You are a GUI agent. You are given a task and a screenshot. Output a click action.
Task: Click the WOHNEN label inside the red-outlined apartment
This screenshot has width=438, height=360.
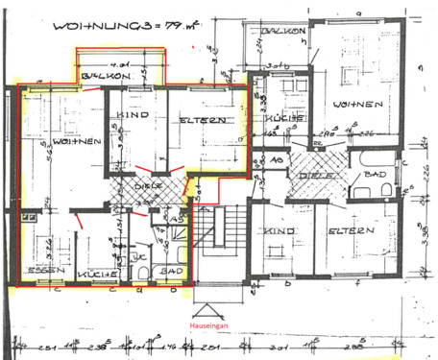click(x=49, y=142)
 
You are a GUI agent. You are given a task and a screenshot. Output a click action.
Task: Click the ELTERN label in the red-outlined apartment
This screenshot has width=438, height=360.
click(x=203, y=120)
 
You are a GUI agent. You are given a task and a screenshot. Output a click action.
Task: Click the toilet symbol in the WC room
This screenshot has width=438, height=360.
click(x=141, y=275)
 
